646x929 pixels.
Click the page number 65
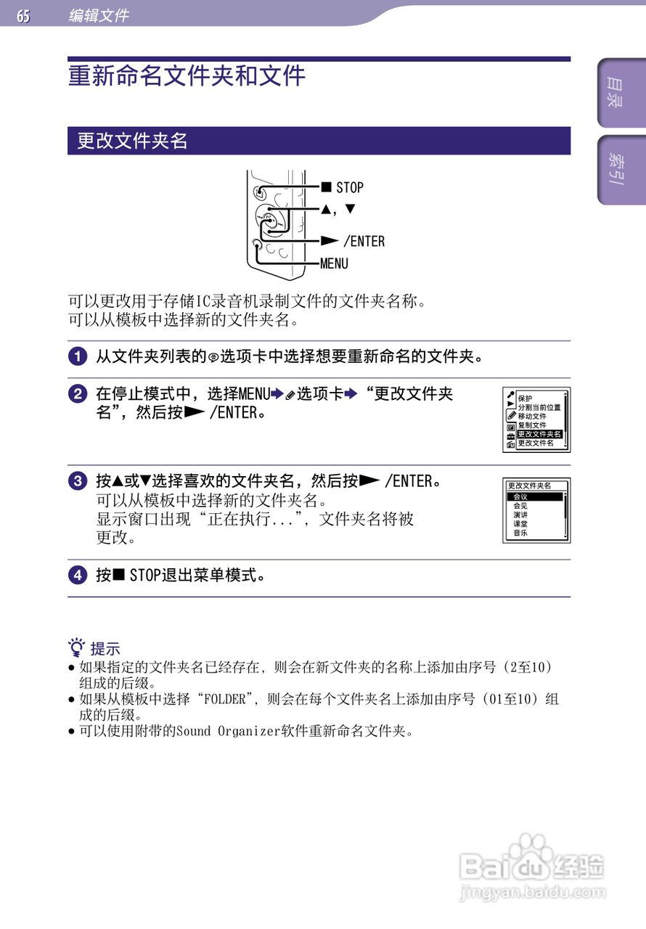click(24, 15)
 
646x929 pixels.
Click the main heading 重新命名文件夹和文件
click(187, 76)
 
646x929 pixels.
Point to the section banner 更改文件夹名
click(132, 141)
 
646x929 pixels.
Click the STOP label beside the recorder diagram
click(349, 187)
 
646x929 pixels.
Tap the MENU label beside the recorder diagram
click(335, 263)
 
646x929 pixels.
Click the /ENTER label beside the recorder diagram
click(364, 241)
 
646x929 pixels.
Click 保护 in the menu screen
click(525, 398)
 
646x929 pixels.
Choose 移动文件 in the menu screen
click(532, 417)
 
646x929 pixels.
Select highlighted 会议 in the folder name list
click(520, 496)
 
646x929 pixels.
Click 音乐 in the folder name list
click(520, 533)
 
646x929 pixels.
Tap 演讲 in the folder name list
click(520, 515)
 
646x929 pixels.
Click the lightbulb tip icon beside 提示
click(77, 647)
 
